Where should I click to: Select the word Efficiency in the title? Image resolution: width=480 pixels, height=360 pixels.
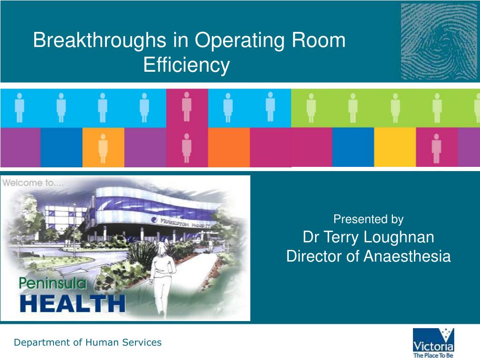pos(187,65)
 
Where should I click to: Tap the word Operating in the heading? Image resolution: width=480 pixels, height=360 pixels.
pos(238,41)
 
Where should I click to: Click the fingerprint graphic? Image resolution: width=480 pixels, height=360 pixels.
pos(439,41)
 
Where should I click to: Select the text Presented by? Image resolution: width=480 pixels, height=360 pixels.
pos(368,219)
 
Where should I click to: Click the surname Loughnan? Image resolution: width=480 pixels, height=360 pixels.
pos(400,237)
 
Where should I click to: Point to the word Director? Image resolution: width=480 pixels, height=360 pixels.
pos(314,256)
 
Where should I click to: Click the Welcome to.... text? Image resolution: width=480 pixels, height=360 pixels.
pos(29,183)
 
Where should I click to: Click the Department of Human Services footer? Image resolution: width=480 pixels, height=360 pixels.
pos(88,343)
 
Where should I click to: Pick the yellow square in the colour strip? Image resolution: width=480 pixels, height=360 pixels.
pos(395,147)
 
